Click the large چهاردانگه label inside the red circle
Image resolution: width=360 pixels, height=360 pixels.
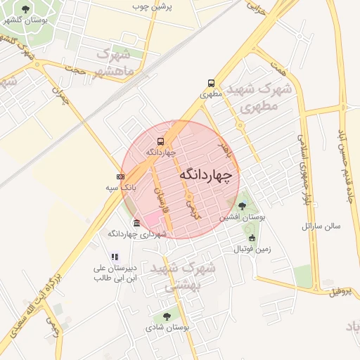[x=205, y=174]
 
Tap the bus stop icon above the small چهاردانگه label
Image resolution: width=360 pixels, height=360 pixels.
[x=161, y=141]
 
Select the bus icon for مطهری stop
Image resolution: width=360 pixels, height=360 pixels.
[x=212, y=82]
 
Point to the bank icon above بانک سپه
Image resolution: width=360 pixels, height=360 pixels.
[x=121, y=176]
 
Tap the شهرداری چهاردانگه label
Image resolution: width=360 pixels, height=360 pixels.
[x=135, y=233]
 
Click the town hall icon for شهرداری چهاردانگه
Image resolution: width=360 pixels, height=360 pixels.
[x=136, y=224]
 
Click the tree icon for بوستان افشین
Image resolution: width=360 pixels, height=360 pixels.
[x=243, y=206]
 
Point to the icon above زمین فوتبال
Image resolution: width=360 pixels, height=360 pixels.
[x=252, y=238]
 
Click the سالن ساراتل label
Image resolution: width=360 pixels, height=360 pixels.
[x=321, y=226]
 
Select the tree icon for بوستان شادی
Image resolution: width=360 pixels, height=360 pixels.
[x=167, y=316]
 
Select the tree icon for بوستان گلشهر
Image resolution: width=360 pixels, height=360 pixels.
[x=26, y=9]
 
